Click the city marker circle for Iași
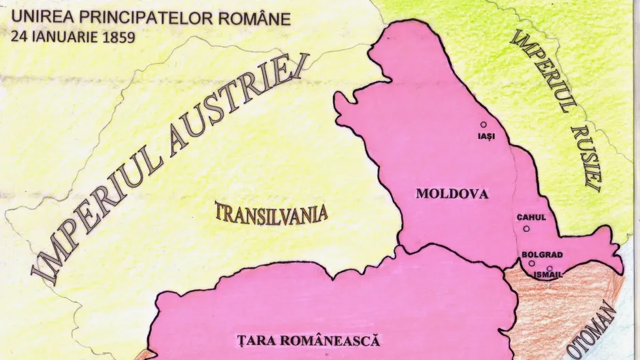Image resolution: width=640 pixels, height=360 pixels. pyautogui.click(x=483, y=125)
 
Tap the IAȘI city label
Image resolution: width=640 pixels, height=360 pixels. pyautogui.click(x=483, y=136)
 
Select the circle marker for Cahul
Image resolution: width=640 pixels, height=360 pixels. pyautogui.click(x=526, y=228)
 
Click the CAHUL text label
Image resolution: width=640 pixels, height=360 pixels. pyautogui.click(x=532, y=217)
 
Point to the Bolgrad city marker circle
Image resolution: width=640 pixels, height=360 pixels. pyautogui.click(x=532, y=263)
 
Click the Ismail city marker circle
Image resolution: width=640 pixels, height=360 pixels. pyautogui.click(x=549, y=268)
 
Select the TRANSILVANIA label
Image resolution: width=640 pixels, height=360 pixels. pyautogui.click(x=271, y=212)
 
